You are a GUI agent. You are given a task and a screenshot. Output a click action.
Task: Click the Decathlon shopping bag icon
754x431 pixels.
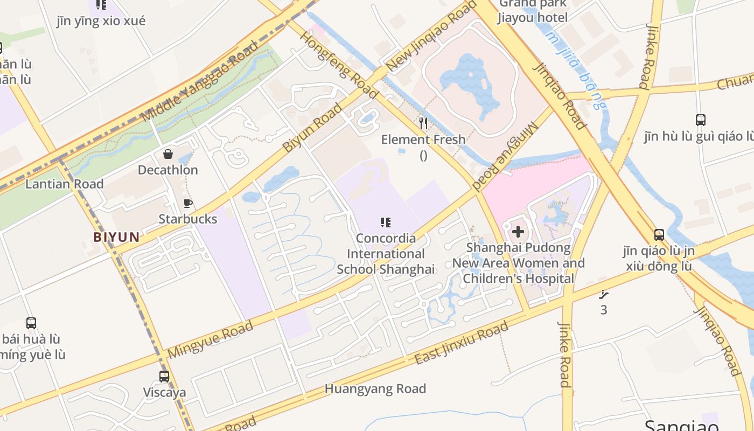pos(168,155)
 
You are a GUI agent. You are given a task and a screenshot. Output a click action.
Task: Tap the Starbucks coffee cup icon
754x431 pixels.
pos(188,203)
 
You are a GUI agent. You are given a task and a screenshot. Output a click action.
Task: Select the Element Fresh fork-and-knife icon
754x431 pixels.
pos(423,124)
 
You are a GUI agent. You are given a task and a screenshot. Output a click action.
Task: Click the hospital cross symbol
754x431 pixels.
pos(518,232)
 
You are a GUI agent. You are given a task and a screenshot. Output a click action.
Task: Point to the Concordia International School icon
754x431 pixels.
pos(385,222)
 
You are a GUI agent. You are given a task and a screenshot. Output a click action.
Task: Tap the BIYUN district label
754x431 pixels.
pos(116,237)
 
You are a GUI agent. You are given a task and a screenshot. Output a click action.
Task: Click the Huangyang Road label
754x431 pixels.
pos(375,389)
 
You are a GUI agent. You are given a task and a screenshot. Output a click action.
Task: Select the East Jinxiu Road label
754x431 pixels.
pos(462,343)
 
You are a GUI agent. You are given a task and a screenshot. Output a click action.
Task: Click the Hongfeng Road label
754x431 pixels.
pos(339,65)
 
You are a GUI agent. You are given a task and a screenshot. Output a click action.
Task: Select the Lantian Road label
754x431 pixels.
pos(64,184)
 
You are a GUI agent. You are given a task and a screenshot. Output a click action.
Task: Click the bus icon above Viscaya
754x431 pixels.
pos(164,376)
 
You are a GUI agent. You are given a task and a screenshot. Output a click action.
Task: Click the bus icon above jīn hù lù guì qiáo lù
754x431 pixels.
pos(701,120)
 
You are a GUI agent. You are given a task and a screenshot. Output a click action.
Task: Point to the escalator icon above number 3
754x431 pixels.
pos(604,294)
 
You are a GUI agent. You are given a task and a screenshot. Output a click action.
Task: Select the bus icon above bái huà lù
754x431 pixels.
pos(31,323)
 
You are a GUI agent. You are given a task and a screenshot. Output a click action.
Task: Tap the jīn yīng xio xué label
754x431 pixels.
pos(101,21)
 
